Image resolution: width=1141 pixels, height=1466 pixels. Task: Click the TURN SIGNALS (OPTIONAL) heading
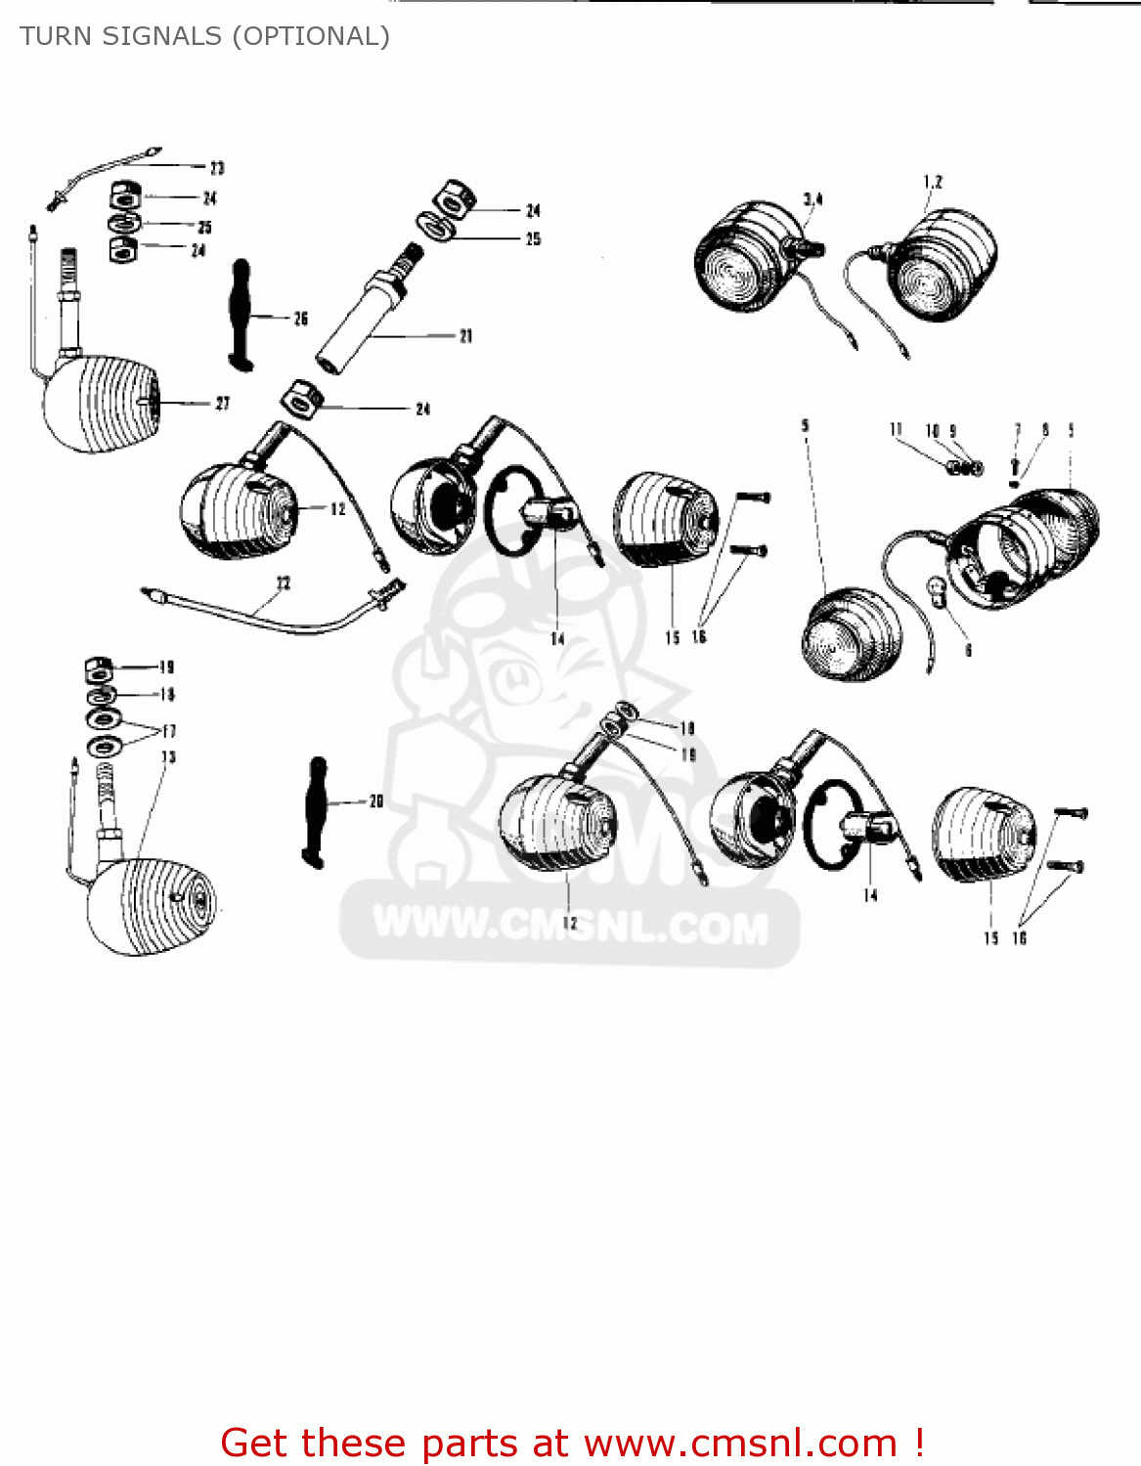point(204,36)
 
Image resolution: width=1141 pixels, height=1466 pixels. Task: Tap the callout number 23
point(217,168)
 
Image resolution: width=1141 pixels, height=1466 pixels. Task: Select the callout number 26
point(300,319)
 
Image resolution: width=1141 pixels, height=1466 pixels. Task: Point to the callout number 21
point(465,336)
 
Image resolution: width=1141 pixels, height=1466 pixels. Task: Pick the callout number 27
point(222,404)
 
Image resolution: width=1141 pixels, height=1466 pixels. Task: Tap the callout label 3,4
point(812,199)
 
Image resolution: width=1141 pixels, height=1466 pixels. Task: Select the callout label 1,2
point(933,182)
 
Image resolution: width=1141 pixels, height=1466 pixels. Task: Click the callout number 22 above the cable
point(283,583)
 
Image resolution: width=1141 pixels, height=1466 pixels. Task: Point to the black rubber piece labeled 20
point(315,810)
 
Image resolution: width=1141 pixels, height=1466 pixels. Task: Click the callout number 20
point(376,801)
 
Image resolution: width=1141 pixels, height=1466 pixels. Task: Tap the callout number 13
point(168,756)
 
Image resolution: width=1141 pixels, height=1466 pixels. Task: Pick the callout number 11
point(896,430)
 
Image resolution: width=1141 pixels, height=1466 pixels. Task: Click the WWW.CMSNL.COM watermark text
point(571,926)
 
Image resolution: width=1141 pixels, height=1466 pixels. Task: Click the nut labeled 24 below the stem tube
point(300,400)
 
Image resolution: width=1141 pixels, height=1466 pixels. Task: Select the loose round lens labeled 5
point(850,635)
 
